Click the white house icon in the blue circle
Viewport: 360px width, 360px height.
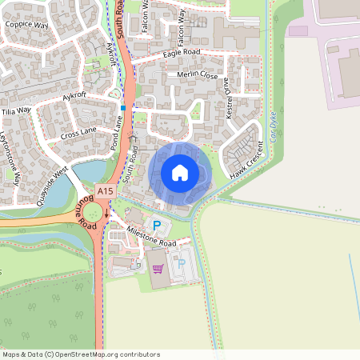180,172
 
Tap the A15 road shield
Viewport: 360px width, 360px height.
104,190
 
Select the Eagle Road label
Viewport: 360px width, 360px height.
181,53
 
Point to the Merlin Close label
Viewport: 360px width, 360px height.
198,75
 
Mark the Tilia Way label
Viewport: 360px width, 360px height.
16,110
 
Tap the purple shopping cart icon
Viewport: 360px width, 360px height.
158,270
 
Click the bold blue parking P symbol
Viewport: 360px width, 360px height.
157,226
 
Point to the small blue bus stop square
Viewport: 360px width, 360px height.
123,107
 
